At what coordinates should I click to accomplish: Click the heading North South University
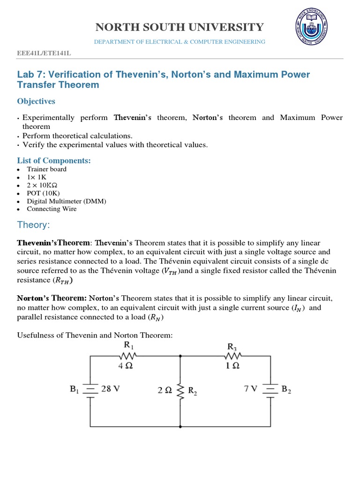point(180,27)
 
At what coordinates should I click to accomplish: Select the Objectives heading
point(36,101)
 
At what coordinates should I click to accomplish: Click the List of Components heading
point(54,161)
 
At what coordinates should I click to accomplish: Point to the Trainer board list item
point(46,169)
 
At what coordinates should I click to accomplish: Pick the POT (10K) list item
point(43,193)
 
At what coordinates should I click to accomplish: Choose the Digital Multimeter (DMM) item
point(67,201)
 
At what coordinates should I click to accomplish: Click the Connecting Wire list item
point(52,209)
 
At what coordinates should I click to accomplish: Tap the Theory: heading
point(33,225)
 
